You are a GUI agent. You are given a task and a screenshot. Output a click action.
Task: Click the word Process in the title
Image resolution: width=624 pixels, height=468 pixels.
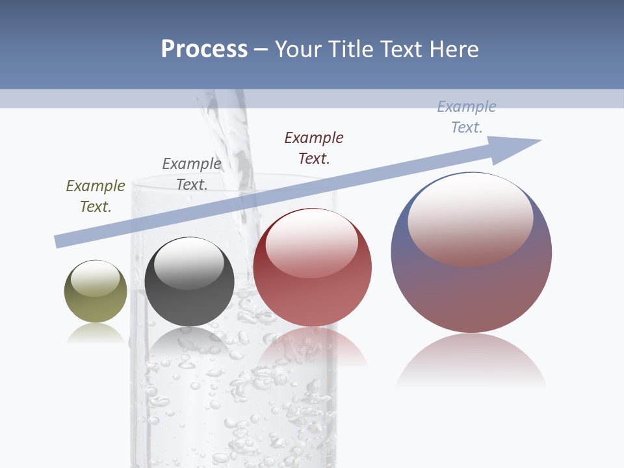[x=204, y=49]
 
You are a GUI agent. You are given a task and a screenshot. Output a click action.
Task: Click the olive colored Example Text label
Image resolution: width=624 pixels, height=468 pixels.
[x=96, y=196]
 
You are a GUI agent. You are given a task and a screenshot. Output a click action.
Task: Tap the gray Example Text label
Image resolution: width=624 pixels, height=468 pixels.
[x=192, y=174]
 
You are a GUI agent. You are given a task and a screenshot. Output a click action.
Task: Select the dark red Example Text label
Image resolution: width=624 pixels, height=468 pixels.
[x=314, y=148]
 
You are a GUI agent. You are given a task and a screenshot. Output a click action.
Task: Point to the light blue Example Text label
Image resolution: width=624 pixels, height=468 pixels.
[x=467, y=117]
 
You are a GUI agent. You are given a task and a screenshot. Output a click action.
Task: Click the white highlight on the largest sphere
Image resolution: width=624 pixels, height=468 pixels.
[x=471, y=218]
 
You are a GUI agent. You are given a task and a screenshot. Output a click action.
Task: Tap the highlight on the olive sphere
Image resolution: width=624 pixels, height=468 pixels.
[x=95, y=278]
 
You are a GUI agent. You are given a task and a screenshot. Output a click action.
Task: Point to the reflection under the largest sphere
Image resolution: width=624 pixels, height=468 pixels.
[x=471, y=361]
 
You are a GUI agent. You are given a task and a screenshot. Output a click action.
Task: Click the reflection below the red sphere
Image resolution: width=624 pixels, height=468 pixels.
[x=313, y=344]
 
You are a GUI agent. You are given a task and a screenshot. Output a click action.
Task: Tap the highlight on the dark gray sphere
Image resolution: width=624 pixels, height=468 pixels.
[x=189, y=263]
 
